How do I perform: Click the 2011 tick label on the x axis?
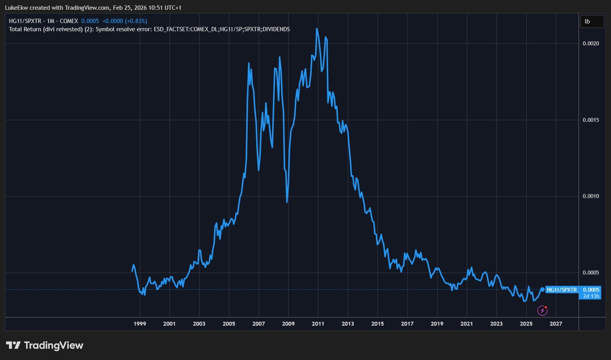318,324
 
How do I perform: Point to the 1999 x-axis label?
139,324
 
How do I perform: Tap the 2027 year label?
556,324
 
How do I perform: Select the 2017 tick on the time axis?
407,324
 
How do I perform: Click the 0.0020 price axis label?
591,43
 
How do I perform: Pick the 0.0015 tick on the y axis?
591,120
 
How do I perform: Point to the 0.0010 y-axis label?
591,196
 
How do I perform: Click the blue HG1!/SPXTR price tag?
561,290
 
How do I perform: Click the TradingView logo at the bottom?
45,345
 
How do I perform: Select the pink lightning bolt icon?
542,310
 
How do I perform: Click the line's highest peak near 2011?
316,29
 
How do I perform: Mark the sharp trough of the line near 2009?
287,202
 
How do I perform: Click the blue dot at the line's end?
542,289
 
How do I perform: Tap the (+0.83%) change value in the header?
136,21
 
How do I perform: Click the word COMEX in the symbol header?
69,21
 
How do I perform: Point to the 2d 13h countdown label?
591,296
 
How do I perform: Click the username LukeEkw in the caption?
16,8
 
